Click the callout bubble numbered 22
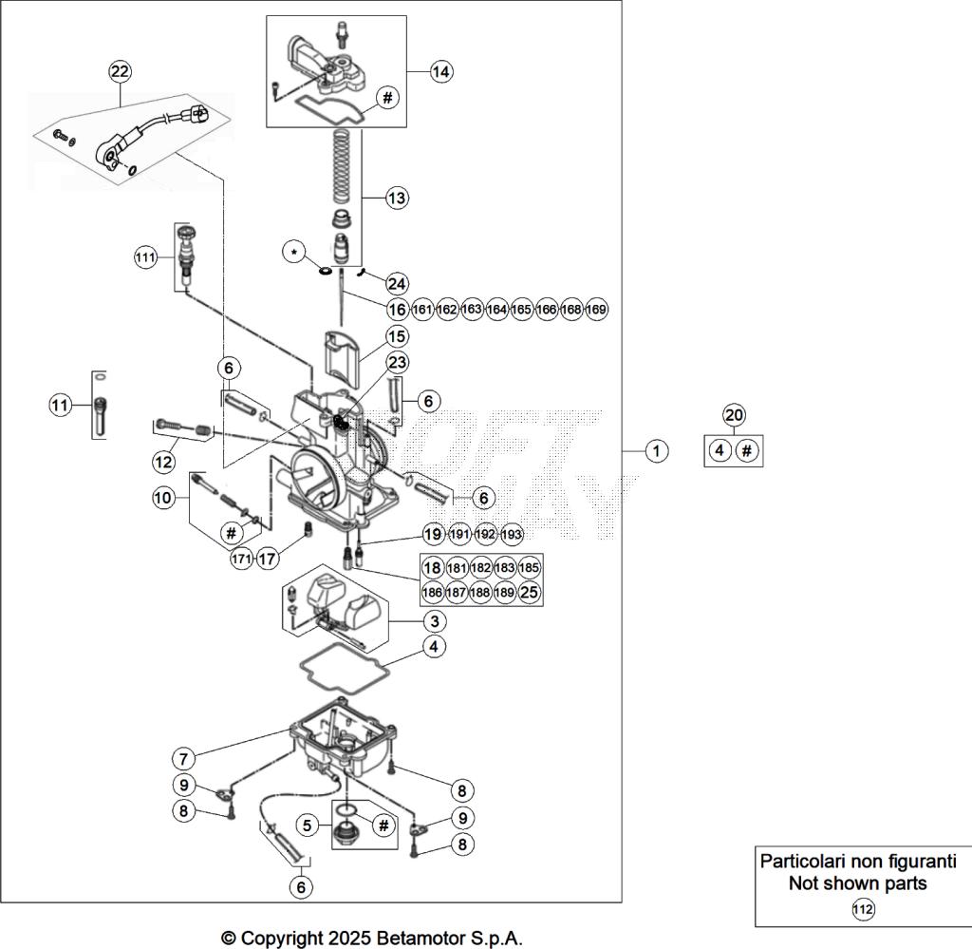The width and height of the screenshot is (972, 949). [x=120, y=71]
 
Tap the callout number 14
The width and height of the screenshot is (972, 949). [x=440, y=71]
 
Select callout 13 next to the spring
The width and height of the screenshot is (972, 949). [x=397, y=198]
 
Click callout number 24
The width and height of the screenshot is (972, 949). [x=397, y=283]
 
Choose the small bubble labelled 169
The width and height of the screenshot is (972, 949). [x=596, y=310]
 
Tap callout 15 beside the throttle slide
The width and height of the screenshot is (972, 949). [x=397, y=335]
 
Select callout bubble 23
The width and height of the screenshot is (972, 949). [x=397, y=362]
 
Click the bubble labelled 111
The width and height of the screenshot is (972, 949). [x=144, y=257]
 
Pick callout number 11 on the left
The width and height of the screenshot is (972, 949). [x=61, y=406]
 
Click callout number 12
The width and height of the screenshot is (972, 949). [x=164, y=462]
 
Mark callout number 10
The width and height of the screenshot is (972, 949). [x=163, y=497]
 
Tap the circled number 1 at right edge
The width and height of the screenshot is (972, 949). [x=656, y=450]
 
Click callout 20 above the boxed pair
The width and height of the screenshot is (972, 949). [x=733, y=414]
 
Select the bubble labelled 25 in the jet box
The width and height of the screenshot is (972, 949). [x=530, y=593]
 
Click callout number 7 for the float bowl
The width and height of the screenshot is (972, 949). [x=184, y=758]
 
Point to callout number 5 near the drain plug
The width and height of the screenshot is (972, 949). [x=306, y=826]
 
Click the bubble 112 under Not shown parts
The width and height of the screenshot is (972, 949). [x=862, y=909]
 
